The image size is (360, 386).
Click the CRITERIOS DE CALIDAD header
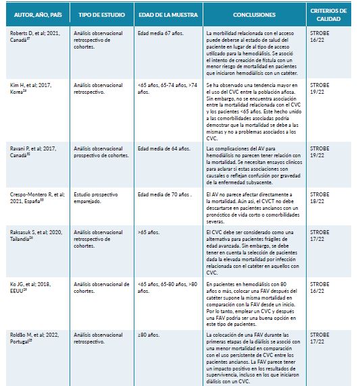point(329,15)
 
